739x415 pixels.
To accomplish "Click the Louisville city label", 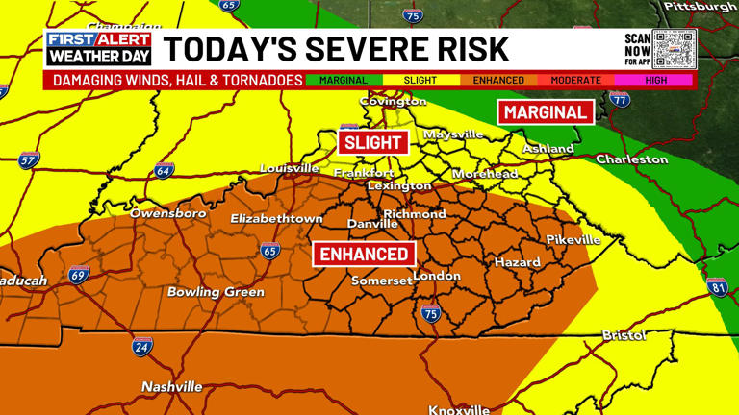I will pos(289,168).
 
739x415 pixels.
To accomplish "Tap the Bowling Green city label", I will pos(216,292).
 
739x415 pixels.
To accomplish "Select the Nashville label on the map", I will pos(172,386).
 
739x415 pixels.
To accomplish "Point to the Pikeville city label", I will pos(573,239).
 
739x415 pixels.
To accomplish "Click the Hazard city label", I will pos(518,262).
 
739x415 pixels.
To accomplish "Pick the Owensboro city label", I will pos(168,213).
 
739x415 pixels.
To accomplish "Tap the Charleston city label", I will pos(631,159).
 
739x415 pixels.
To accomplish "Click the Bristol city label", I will pos(624,335).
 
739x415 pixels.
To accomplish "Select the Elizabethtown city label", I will pos(276,219).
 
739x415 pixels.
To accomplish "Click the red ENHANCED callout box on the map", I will pos(365,255).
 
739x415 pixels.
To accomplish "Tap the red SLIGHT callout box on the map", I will pos(372,142).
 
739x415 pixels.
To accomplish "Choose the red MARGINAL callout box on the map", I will pos(546,112).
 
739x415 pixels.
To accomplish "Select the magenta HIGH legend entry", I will pos(656,81).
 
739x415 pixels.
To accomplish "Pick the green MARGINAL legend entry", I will pos(343,81).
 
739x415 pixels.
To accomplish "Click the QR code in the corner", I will pos(674,48).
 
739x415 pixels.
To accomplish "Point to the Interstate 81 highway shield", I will pos(717,287).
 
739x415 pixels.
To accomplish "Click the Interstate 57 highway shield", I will pos(29,160).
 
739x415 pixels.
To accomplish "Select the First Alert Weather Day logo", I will pos(99,48).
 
